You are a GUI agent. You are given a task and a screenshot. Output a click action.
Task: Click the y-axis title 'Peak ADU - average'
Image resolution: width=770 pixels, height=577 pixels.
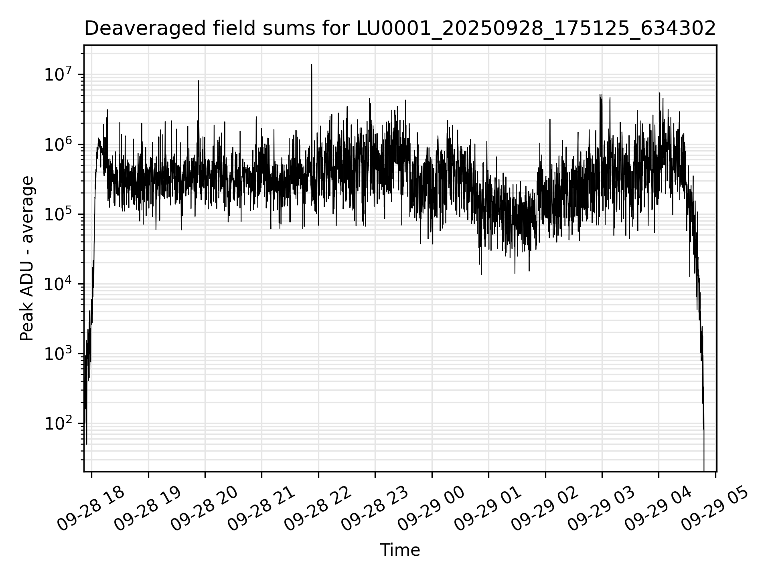click(27, 258)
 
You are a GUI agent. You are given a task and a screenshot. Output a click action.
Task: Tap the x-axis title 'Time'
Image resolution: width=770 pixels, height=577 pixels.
click(400, 550)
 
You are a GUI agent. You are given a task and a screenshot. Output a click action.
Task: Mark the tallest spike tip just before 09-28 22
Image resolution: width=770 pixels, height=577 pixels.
click(312, 65)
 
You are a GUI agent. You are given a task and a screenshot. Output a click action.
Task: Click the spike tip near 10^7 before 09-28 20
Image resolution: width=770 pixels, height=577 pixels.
click(198, 81)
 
